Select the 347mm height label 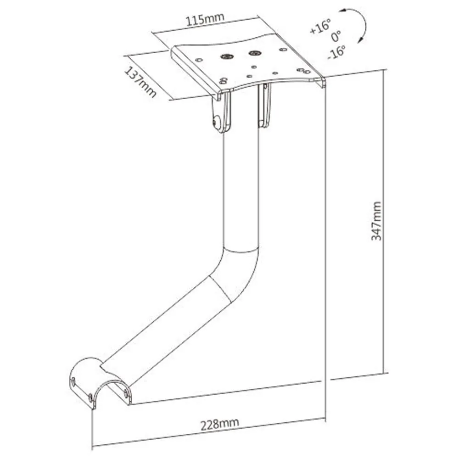[x=376, y=220]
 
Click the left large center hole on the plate [x=226, y=56]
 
